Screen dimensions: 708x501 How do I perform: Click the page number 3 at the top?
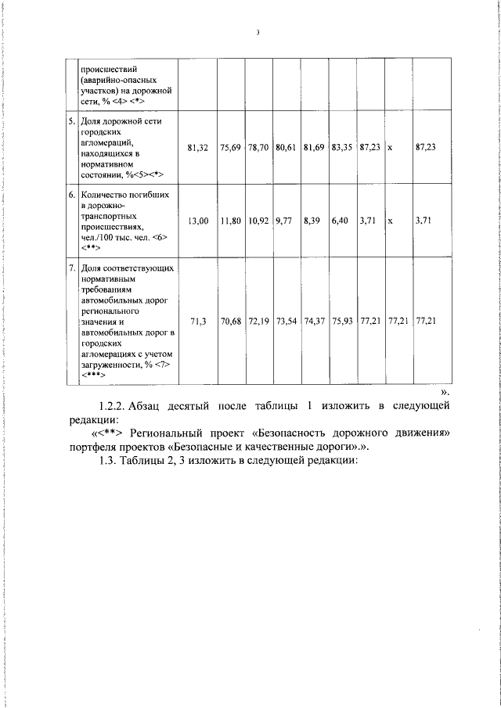[x=256, y=32]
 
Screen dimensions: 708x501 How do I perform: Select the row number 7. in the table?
[x=71, y=268]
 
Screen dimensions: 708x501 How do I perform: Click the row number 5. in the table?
[x=71, y=122]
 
